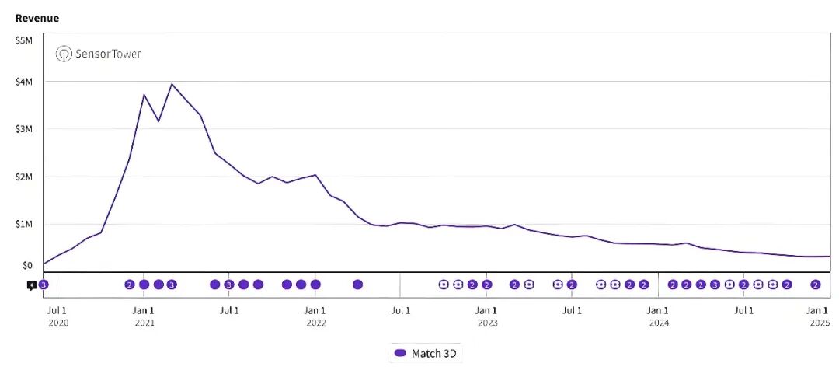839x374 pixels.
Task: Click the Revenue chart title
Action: click(37, 18)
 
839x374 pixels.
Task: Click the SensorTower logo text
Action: click(99, 54)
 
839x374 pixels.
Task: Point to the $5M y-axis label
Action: click(23, 40)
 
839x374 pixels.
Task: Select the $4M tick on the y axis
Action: click(23, 82)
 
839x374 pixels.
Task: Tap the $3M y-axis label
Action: click(23, 129)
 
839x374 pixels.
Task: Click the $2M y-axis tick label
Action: click(23, 177)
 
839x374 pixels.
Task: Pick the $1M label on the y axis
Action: click(23, 224)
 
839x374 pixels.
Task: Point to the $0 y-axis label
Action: click(26, 265)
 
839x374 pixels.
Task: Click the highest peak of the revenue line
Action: click(172, 84)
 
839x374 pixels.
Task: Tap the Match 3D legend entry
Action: click(426, 353)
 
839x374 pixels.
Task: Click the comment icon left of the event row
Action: click(31, 285)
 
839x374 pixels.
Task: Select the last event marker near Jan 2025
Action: click(816, 285)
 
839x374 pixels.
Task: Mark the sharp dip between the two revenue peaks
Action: click(158, 121)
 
